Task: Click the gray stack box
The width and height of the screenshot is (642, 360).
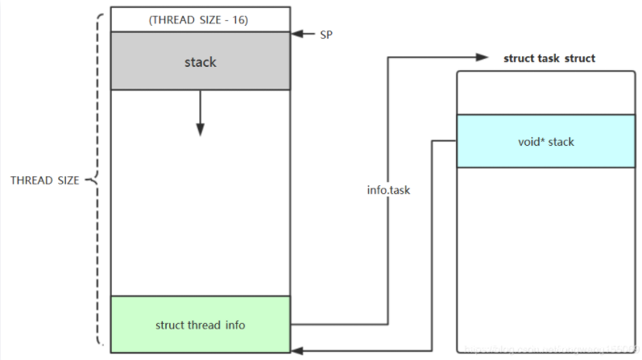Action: (200, 60)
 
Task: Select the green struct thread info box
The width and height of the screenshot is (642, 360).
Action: (200, 324)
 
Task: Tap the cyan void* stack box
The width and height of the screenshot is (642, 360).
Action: (545, 141)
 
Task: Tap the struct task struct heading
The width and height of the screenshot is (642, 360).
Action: (549, 58)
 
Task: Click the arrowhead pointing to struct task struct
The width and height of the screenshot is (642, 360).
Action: (483, 58)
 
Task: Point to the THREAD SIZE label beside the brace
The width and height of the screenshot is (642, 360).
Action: (44, 180)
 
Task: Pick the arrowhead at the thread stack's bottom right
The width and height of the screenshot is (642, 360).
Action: (296, 350)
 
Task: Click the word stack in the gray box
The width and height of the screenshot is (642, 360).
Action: (200, 61)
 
